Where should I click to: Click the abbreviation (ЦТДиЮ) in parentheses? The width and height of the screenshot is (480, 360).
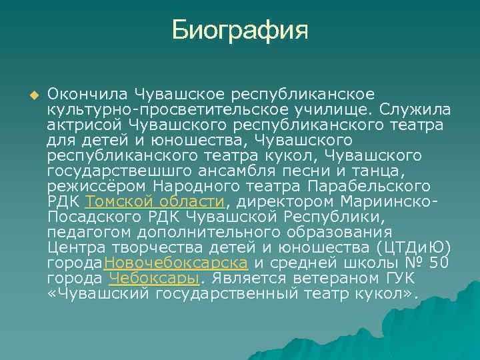click(413, 247)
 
